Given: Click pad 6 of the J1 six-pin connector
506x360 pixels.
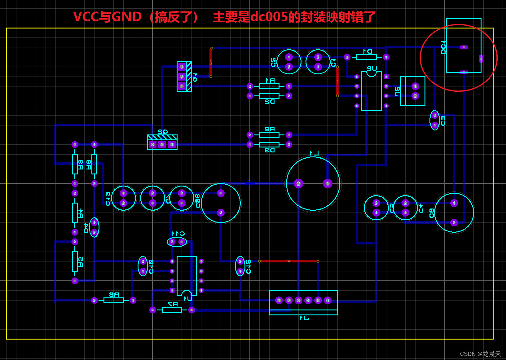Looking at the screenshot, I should (x=328, y=300).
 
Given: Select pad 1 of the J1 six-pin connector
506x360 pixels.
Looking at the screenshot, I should (x=279, y=300).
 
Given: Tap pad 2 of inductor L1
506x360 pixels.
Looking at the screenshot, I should (x=298, y=183).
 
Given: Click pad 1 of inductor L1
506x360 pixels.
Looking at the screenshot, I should (x=328, y=183).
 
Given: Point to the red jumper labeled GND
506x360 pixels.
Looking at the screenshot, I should (x=288, y=261).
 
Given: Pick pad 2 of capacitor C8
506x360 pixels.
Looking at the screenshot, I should (x=454, y=222).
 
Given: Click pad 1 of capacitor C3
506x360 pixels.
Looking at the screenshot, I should (x=435, y=125).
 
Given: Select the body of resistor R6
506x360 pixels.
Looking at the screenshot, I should (x=114, y=300).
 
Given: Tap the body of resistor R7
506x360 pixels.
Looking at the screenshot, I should (x=172, y=310).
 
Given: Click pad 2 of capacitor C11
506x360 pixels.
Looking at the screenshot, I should (x=172, y=242).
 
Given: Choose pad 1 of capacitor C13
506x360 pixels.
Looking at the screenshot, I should (x=123, y=193).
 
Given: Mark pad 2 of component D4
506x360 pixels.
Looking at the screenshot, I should (x=94, y=232).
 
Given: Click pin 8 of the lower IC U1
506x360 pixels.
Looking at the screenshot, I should (x=201, y=290).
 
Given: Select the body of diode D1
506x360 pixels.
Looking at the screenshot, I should (x=366, y=57).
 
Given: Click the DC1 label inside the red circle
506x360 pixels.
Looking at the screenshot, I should (x=443, y=47).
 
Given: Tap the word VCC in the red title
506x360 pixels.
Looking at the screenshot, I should (x=86, y=17).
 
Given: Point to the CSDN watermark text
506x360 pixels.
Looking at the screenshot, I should (x=480, y=354).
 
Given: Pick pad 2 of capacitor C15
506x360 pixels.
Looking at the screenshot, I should (x=240, y=261).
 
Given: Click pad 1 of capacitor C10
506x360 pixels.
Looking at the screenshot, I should (x=143, y=271).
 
